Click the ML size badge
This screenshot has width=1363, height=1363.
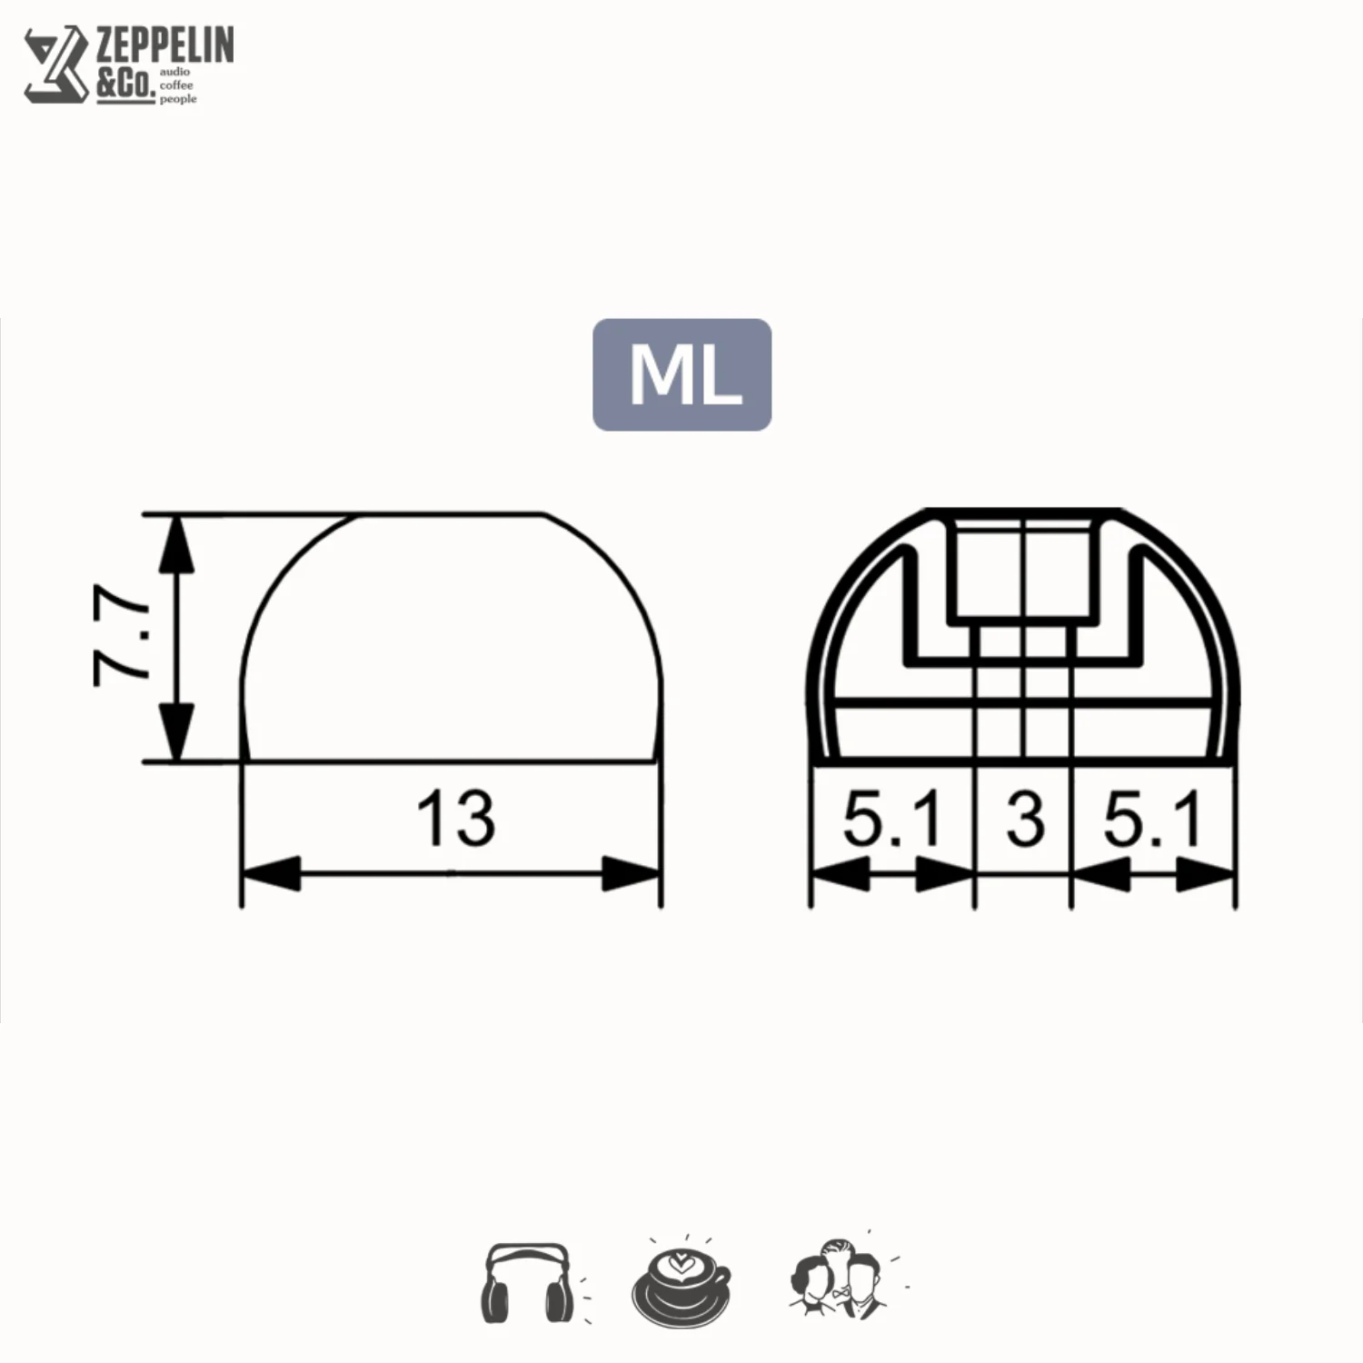681,374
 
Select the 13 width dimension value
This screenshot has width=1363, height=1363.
455,818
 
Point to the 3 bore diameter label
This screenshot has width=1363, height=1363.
1025,818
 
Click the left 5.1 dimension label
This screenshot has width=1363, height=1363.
892,818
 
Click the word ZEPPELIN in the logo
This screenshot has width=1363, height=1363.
165,45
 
